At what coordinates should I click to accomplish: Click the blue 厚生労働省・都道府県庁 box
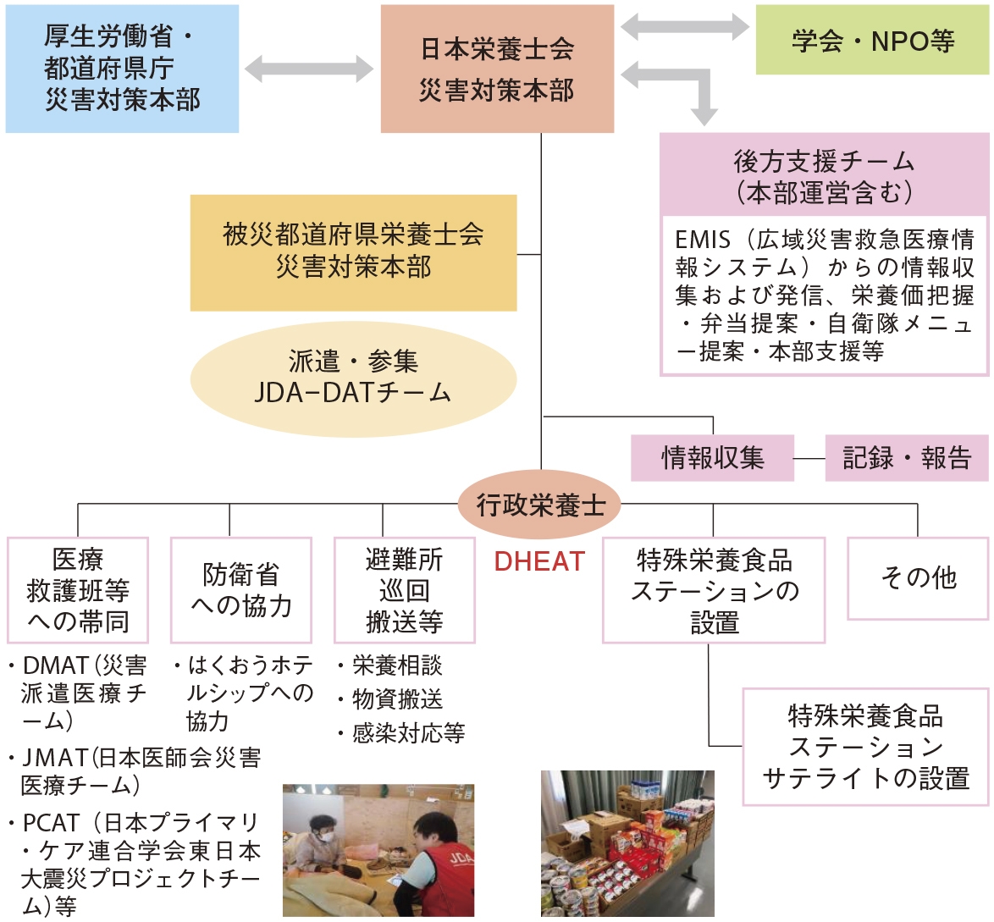122,69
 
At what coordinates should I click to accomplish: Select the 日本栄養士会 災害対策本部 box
497,69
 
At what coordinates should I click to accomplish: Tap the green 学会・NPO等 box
872,40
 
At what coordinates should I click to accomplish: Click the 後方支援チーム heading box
824,174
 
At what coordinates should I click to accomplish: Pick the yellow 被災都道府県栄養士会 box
353,252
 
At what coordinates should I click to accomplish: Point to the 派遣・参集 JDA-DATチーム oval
353,378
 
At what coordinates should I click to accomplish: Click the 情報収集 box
712,458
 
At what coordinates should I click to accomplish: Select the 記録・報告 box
907,458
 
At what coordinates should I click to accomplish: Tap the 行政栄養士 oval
540,505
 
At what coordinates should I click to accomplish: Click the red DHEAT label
539,561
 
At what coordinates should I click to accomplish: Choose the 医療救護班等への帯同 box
78,590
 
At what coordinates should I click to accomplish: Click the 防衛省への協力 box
240,590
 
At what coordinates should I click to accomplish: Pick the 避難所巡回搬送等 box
404,590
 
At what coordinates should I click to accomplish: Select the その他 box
918,578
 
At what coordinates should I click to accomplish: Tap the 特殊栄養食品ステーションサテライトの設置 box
865,747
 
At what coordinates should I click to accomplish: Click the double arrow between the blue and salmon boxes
309,69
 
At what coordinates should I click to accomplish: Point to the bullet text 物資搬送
397,699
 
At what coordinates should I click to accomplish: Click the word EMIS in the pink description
702,240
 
